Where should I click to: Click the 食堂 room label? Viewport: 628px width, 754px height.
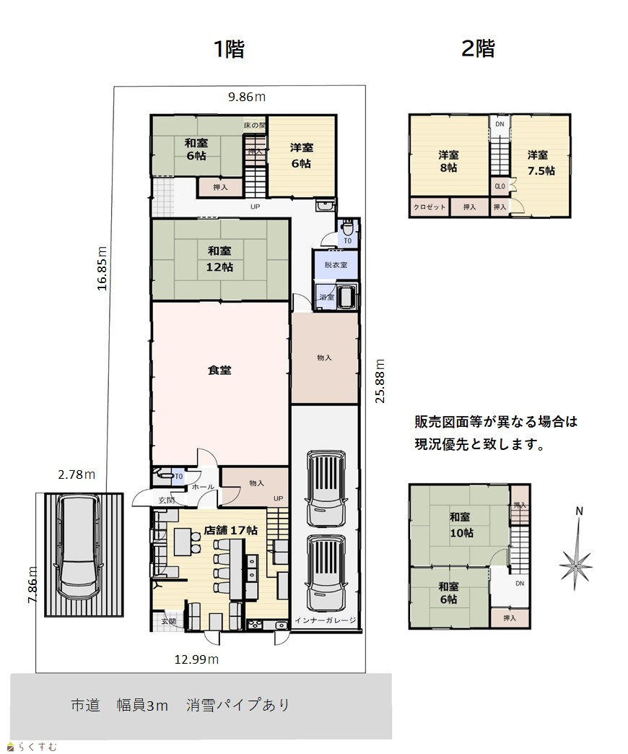[x=219, y=370]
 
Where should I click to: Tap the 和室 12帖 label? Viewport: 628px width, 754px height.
[x=219, y=259]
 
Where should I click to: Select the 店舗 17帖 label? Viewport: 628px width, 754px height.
[x=231, y=530]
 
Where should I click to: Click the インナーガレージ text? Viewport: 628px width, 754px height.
[x=326, y=620]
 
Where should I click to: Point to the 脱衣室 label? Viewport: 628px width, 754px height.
[x=336, y=265]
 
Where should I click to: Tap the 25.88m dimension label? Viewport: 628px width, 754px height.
[x=380, y=381]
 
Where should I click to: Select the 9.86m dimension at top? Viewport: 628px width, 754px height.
[x=246, y=97]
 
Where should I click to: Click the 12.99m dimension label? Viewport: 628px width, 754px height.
[x=196, y=659]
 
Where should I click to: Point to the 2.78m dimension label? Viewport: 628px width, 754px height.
[x=77, y=474]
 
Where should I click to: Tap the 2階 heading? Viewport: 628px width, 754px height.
[x=478, y=48]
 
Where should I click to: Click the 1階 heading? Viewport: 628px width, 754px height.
[x=230, y=48]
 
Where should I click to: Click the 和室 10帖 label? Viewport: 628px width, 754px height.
[x=461, y=524]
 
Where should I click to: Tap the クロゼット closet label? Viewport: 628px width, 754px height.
[x=429, y=207]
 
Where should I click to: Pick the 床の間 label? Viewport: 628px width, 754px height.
[x=254, y=125]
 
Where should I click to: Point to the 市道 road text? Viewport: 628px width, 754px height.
[x=85, y=705]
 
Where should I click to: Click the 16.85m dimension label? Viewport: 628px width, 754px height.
[x=102, y=269]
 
